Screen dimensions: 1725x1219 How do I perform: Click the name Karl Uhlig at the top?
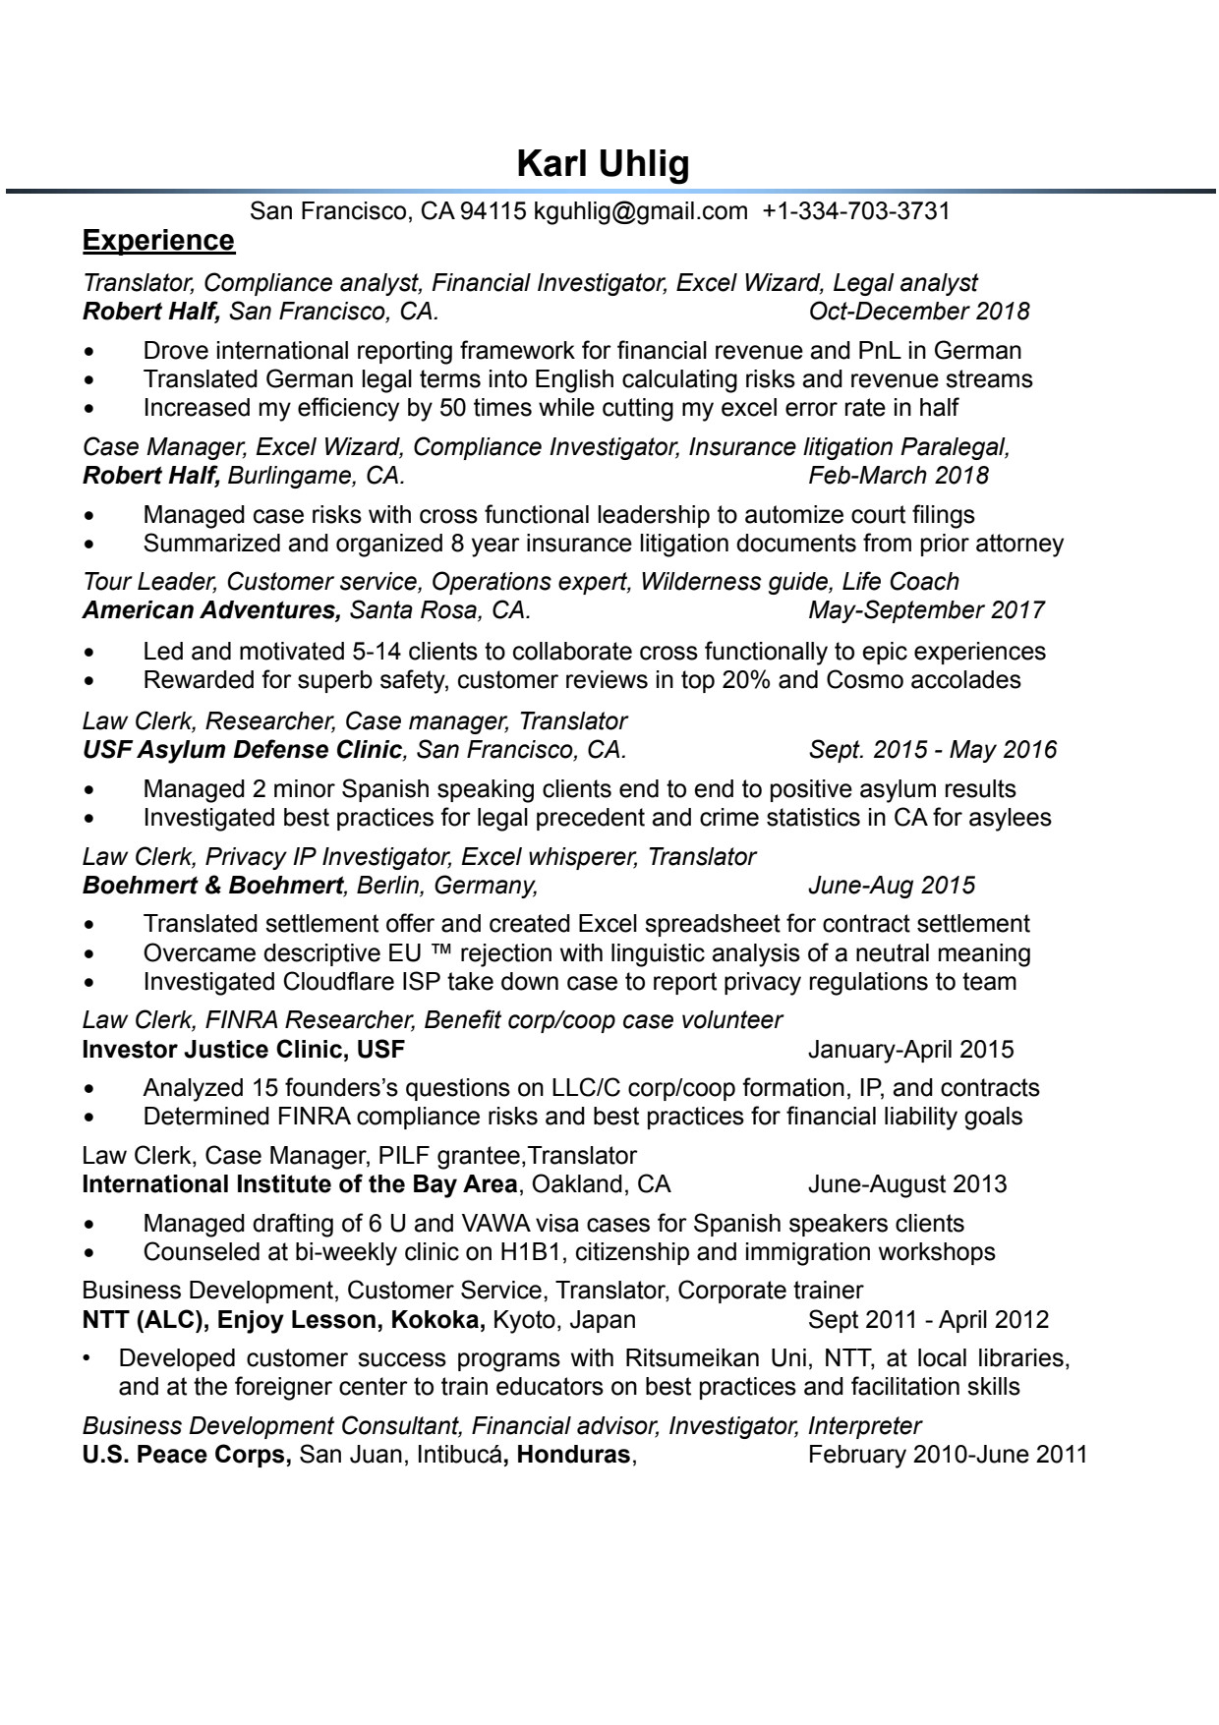click(603, 164)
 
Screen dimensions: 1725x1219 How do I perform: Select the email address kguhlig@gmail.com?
click(640, 210)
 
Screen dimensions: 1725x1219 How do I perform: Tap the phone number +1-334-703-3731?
click(855, 210)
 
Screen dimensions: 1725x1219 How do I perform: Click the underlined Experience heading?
click(158, 241)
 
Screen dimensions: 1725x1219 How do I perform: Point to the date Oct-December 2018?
click(918, 312)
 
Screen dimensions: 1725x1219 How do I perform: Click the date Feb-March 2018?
click(898, 476)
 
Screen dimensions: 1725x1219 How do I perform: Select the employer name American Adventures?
click(211, 610)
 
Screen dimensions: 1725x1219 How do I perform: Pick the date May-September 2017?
click(925, 610)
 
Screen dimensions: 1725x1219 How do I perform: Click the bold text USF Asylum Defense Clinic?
click(243, 750)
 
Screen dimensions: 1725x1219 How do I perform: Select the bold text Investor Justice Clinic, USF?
click(243, 1050)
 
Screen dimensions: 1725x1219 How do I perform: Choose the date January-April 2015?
click(910, 1050)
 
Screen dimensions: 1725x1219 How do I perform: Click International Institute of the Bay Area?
click(299, 1184)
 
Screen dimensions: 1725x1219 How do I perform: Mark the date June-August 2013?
click(906, 1184)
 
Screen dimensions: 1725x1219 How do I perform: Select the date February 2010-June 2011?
click(947, 1455)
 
